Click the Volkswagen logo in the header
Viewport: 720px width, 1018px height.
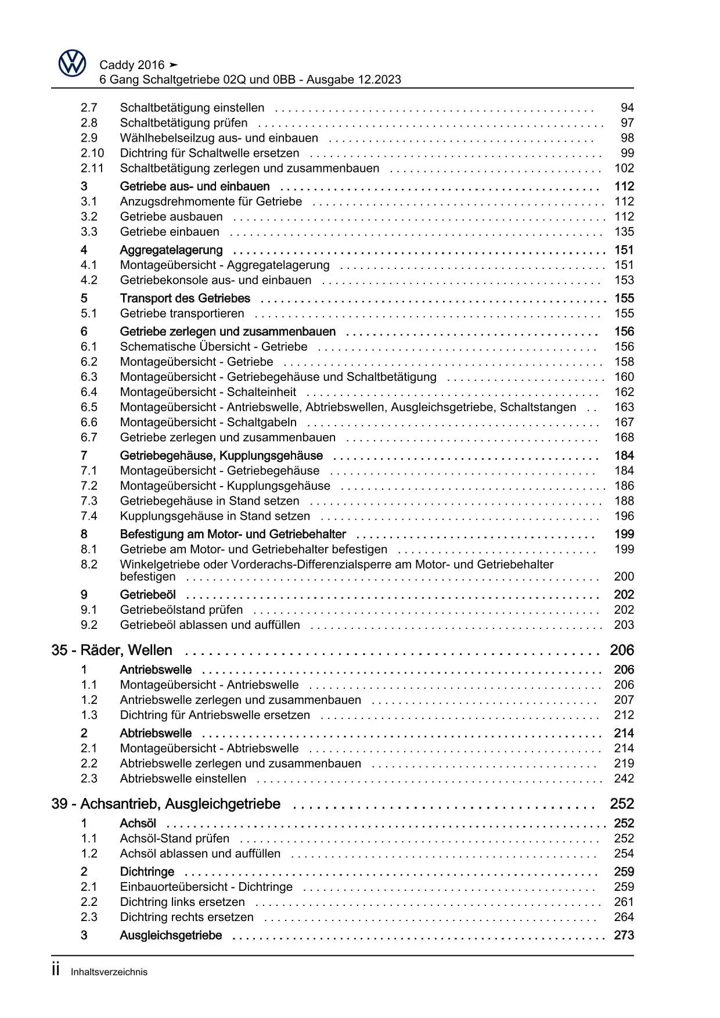[x=72, y=63]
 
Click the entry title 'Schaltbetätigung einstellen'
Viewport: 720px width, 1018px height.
[x=192, y=107]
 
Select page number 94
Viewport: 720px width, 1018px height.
[x=627, y=107]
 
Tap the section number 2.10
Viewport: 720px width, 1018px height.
[x=92, y=153]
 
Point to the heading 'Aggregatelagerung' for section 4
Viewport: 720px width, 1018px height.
[x=171, y=250]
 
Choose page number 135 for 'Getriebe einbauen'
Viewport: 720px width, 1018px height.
[x=624, y=232]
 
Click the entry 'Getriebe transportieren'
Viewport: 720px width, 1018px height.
[x=182, y=314]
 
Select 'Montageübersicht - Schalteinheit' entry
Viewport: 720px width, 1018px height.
[x=208, y=392]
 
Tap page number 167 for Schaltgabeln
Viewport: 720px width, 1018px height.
[x=624, y=422]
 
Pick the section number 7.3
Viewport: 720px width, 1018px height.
[x=89, y=501]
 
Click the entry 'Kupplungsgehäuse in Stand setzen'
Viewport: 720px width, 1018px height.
[x=215, y=516]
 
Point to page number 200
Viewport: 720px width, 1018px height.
[x=624, y=577]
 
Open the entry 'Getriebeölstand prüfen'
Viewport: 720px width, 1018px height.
[x=181, y=610]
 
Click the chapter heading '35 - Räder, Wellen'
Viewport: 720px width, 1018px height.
[x=111, y=650]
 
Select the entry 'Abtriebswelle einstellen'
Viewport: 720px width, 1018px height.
[x=183, y=779]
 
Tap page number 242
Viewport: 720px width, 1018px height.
[x=624, y=779]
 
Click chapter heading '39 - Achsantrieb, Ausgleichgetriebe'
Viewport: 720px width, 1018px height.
[x=165, y=804]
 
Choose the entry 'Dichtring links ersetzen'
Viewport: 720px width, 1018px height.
[x=182, y=902]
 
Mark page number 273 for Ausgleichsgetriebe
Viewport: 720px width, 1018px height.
[x=624, y=936]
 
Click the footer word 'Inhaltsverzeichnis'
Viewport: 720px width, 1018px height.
[x=109, y=972]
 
